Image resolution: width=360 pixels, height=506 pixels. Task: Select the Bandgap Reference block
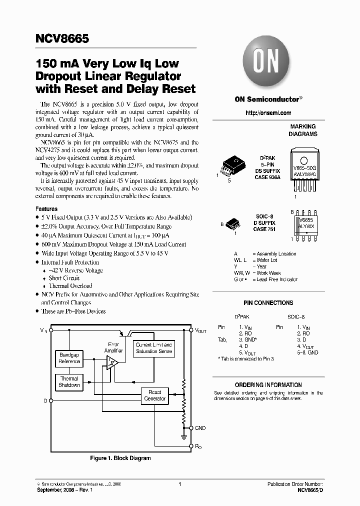[69, 357]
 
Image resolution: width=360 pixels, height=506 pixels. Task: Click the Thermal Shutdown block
[69, 382]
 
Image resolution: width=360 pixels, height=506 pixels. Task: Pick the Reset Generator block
[155, 395]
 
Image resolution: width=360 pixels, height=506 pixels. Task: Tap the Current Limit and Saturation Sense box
[154, 348]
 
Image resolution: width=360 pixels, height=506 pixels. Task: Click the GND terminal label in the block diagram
[200, 428]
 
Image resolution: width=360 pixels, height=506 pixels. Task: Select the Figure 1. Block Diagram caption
[120, 458]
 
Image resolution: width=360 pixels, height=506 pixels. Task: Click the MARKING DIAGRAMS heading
[303, 130]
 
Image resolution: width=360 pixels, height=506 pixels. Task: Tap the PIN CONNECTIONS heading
[268, 303]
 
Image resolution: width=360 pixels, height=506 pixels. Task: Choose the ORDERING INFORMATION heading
[268, 385]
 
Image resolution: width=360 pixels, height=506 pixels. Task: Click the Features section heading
[46, 209]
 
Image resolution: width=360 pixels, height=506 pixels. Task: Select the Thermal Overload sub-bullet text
[70, 286]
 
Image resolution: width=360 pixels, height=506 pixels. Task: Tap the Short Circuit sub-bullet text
[64, 278]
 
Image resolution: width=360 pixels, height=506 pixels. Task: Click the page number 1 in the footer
[179, 484]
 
